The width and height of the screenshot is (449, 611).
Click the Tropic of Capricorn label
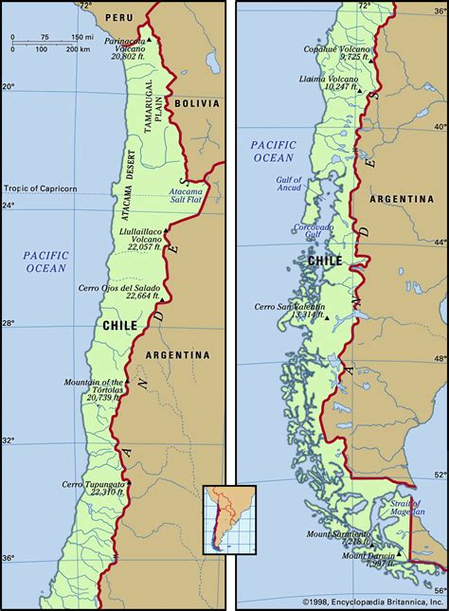click(x=46, y=187)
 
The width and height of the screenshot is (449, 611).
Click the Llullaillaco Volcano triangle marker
click(x=167, y=230)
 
